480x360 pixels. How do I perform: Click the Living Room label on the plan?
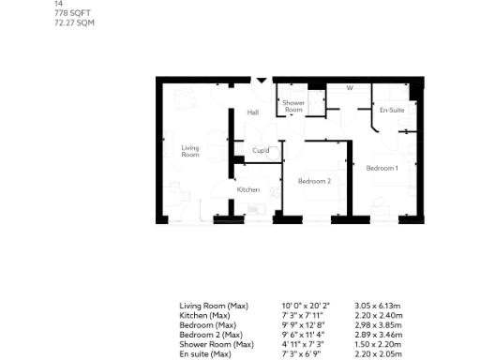point(190,151)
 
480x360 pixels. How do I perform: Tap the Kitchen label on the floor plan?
point(247,190)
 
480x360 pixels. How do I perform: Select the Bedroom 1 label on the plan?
point(382,168)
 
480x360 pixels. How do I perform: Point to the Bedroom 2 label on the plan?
point(315,180)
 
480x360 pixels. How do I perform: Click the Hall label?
point(253,112)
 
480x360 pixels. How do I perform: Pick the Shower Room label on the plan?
point(293,107)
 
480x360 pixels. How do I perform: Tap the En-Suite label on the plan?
point(392,111)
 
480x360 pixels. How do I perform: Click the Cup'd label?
point(261,151)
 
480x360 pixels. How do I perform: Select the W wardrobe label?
point(349,89)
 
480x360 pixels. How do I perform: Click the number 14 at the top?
point(58,4)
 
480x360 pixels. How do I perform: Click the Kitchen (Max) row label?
point(207,313)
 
